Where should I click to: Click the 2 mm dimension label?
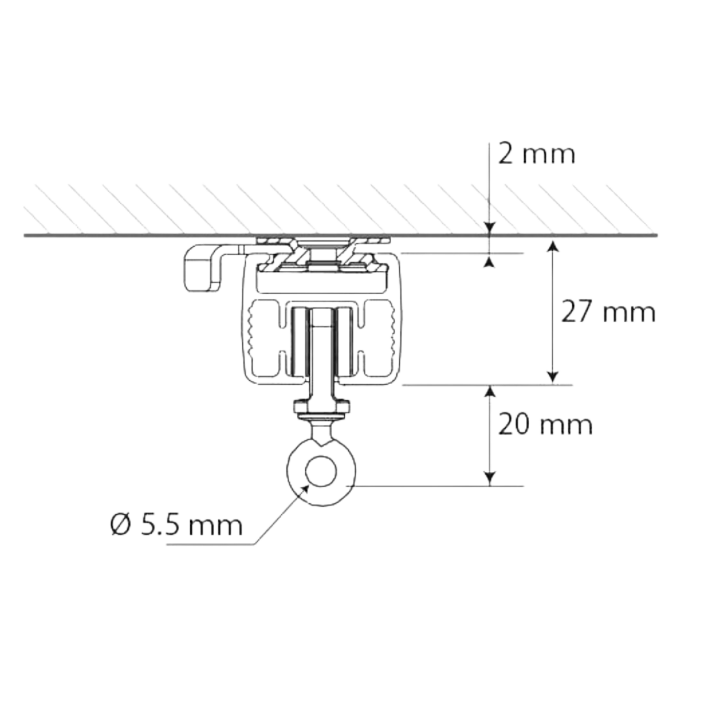pyautogui.click(x=537, y=155)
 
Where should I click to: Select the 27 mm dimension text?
pyautogui.click(x=608, y=312)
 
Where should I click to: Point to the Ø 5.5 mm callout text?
pyautogui.click(x=176, y=525)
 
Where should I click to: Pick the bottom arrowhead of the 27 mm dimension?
pyautogui.click(x=553, y=377)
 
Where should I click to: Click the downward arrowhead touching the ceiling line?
pyautogui.click(x=490, y=228)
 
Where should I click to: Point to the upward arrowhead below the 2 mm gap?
pyautogui.click(x=490, y=261)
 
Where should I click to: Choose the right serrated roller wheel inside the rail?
pyautogui.click(x=379, y=338)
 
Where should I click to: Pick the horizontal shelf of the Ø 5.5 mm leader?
pyautogui.click(x=210, y=545)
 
